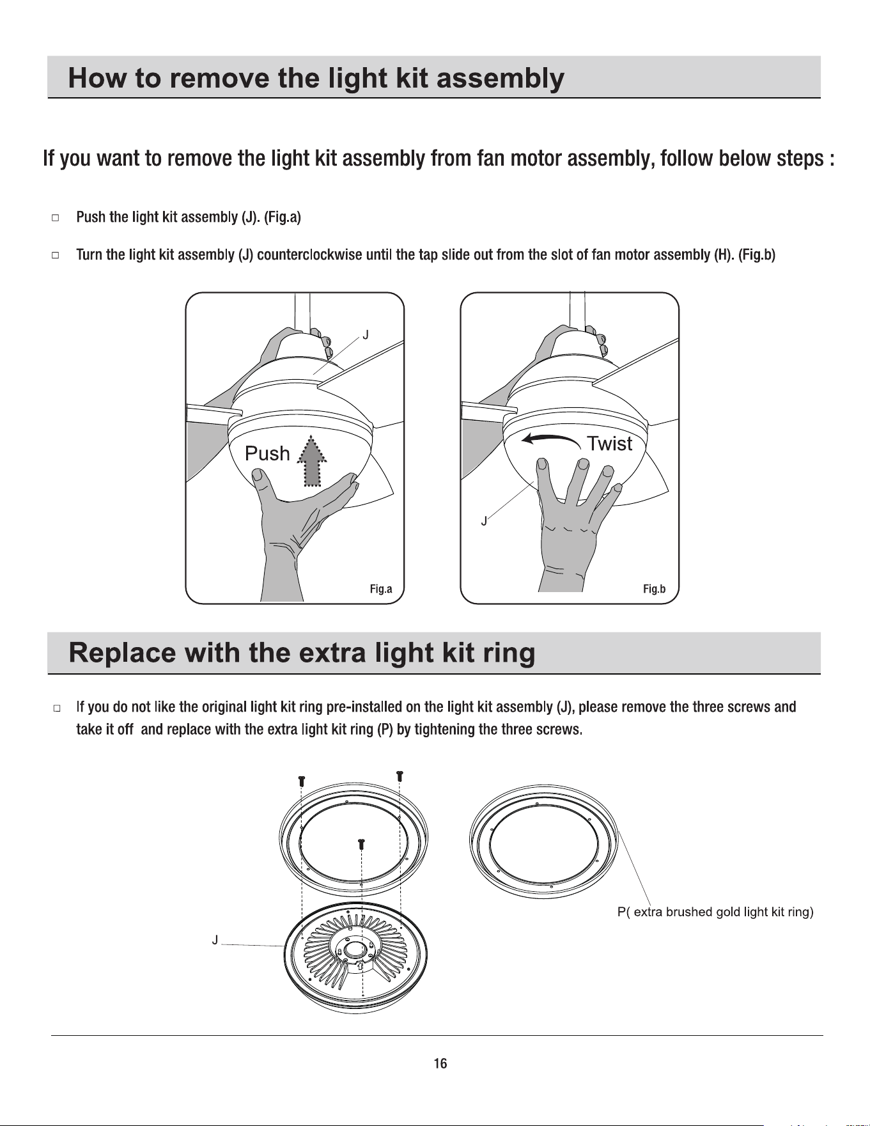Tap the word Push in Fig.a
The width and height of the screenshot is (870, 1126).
[267, 454]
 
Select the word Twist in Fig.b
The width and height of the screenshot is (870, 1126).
[610, 443]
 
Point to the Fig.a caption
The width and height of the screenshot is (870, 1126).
[381, 589]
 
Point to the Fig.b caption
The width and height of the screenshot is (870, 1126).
[655, 589]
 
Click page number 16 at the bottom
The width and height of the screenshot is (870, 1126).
[440, 1063]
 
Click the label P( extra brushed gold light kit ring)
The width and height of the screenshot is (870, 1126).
[715, 912]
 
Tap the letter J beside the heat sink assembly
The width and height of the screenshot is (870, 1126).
[215, 940]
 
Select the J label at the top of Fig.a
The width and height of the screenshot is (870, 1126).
[366, 334]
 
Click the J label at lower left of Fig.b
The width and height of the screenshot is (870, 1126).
[484, 521]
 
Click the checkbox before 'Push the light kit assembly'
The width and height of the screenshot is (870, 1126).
[56, 217]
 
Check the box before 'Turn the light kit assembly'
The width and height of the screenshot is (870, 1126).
[56, 255]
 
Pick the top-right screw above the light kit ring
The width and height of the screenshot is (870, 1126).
[400, 776]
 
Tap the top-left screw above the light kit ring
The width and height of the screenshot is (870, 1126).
[302, 781]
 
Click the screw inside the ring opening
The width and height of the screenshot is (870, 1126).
[361, 844]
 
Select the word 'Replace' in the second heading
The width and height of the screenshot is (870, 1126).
[121, 653]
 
